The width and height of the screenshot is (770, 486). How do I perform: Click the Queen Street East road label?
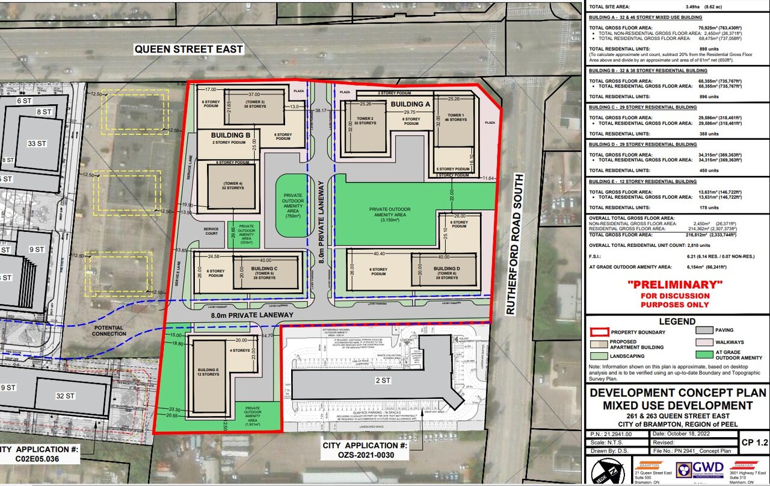(x=188, y=49)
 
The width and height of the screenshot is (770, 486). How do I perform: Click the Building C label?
(x=263, y=269)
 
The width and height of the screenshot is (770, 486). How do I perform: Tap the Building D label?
(x=446, y=269)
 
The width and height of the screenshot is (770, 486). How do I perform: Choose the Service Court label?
(x=211, y=231)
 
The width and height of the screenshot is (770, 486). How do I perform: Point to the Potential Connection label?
(x=108, y=330)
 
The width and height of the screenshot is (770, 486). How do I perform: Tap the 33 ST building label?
(x=37, y=143)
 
